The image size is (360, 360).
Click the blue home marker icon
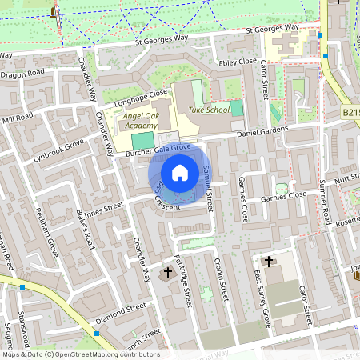[x=180, y=172]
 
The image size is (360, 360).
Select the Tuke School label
[x=209, y=110]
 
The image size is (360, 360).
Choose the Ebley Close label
[x=238, y=61]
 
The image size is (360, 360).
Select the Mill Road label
[x=17, y=118]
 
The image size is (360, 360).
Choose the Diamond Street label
[x=120, y=311]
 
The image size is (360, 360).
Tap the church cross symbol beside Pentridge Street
[x=167, y=274]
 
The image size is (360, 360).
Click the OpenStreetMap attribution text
[x=80, y=354]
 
